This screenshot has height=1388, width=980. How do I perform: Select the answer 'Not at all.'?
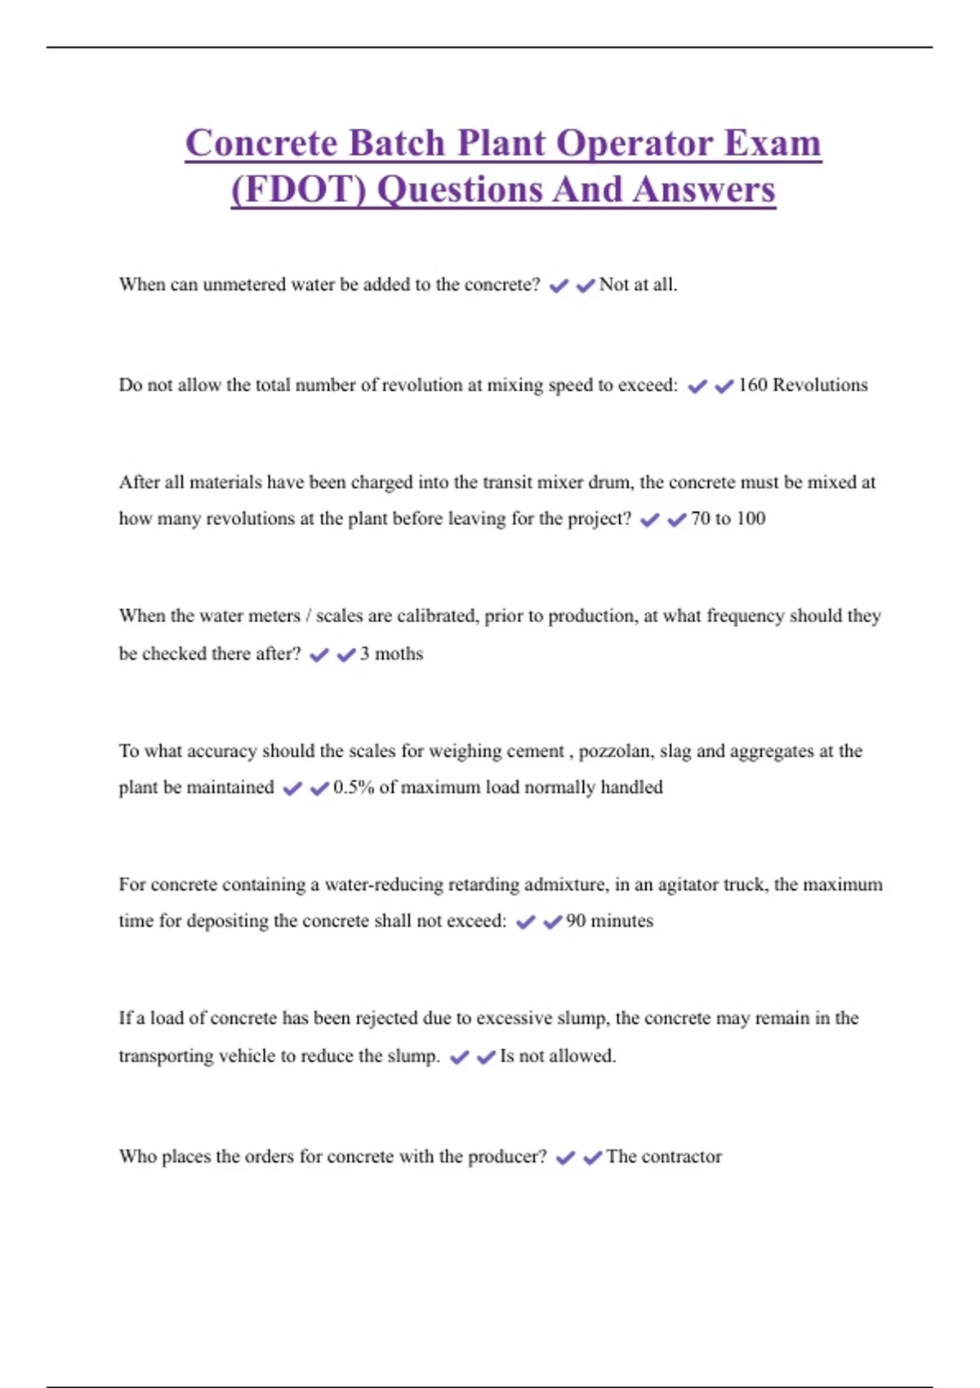pos(638,284)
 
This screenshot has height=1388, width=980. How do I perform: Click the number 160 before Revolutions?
pos(752,385)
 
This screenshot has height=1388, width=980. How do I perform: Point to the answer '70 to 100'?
pos(728,518)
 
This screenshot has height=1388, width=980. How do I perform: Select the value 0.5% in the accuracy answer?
pos(353,787)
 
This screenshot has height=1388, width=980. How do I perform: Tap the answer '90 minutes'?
pos(609,921)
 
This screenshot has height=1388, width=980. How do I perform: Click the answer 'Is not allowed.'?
pos(558,1056)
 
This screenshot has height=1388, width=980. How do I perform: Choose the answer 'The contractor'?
pos(664,1156)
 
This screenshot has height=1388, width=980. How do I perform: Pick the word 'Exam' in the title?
pos(773,143)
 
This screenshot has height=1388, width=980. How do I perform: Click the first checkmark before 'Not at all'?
pos(559,286)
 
